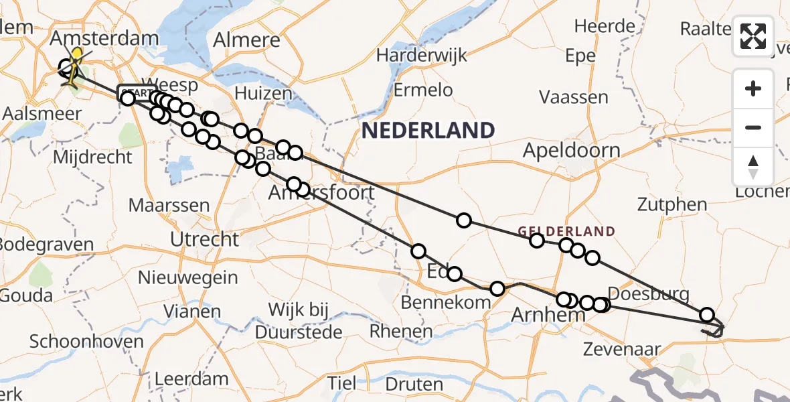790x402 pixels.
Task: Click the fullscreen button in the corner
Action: coord(753,36)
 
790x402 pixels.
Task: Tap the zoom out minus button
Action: coord(753,127)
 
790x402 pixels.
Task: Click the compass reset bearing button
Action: coord(753,167)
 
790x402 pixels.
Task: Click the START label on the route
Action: coord(137,93)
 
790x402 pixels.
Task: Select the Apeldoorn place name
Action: coord(571,150)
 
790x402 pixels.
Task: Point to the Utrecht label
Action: coord(204,239)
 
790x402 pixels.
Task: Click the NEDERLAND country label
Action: coord(428,130)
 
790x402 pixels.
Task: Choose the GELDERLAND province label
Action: coord(566,232)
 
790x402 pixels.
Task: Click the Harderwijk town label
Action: coord(420,55)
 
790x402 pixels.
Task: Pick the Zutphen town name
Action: coord(672,205)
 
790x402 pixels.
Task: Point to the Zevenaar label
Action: coord(621,349)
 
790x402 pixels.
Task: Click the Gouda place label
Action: coord(27,295)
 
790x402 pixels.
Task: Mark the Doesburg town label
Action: coord(649,294)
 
